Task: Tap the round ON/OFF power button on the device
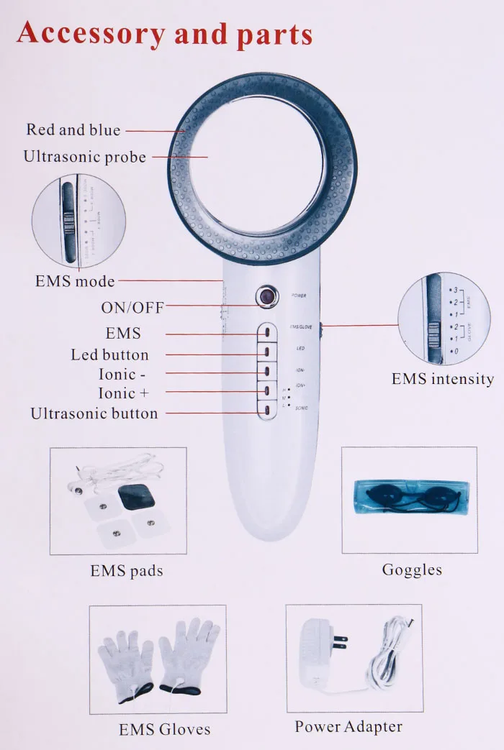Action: click(268, 295)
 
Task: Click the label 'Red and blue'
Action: click(73, 130)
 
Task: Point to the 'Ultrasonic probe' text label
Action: click(84, 157)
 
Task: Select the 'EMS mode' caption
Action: click(75, 281)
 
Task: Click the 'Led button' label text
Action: click(109, 355)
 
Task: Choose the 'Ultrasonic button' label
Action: click(94, 413)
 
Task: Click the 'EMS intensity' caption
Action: click(442, 379)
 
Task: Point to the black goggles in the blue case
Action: click(408, 497)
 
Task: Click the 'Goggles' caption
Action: click(411, 570)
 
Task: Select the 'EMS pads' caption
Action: click(127, 571)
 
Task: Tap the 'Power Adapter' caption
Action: click(348, 726)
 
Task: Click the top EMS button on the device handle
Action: click(266, 334)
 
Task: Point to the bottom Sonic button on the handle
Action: click(266, 410)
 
